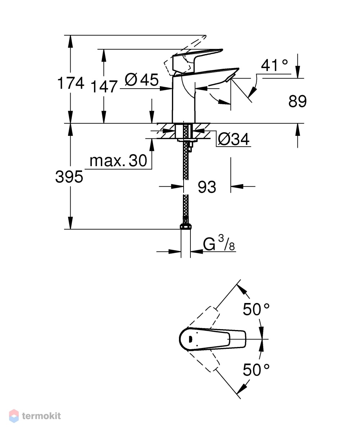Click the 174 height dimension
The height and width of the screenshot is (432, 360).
click(x=71, y=83)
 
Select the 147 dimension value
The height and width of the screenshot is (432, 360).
click(x=104, y=87)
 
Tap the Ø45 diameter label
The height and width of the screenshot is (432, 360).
click(x=142, y=80)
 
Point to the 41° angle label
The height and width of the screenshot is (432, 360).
click(x=274, y=66)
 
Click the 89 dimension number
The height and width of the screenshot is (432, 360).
click(x=297, y=101)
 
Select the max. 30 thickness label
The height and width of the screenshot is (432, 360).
click(x=118, y=160)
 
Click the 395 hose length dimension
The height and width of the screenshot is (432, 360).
click(x=69, y=177)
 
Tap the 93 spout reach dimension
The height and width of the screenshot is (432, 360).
click(x=207, y=187)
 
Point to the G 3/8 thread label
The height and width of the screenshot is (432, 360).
click(x=219, y=243)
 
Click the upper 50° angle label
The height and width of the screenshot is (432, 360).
click(x=256, y=309)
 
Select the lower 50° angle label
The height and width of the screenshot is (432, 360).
click(x=256, y=370)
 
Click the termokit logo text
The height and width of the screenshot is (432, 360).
click(x=41, y=416)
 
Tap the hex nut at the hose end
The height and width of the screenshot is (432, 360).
click(x=185, y=227)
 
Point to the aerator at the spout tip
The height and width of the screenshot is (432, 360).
click(x=230, y=78)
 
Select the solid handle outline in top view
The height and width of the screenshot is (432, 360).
click(x=212, y=339)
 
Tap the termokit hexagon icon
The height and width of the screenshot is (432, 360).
click(x=14, y=416)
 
